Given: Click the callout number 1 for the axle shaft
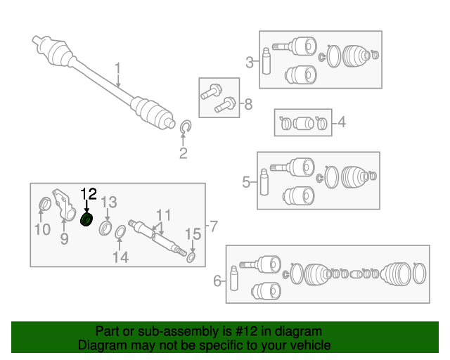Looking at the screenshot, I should (x=118, y=68).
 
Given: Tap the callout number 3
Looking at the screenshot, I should (x=250, y=63).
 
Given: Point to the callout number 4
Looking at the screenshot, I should (x=342, y=123).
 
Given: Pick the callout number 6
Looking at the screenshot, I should (x=217, y=282).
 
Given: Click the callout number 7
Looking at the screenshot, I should (x=214, y=226).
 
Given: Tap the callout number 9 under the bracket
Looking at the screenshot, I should (x=64, y=240).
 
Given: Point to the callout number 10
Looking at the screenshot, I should (x=42, y=229).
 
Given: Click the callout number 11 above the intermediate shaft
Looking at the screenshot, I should (x=163, y=215).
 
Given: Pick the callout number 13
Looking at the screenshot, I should (x=108, y=202).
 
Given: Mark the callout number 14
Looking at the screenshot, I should (x=121, y=257).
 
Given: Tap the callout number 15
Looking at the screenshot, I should (x=193, y=234).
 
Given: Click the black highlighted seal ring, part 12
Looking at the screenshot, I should (x=87, y=220).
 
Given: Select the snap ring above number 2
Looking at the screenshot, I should (x=186, y=127).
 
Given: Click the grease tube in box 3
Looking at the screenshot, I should (x=267, y=61).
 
